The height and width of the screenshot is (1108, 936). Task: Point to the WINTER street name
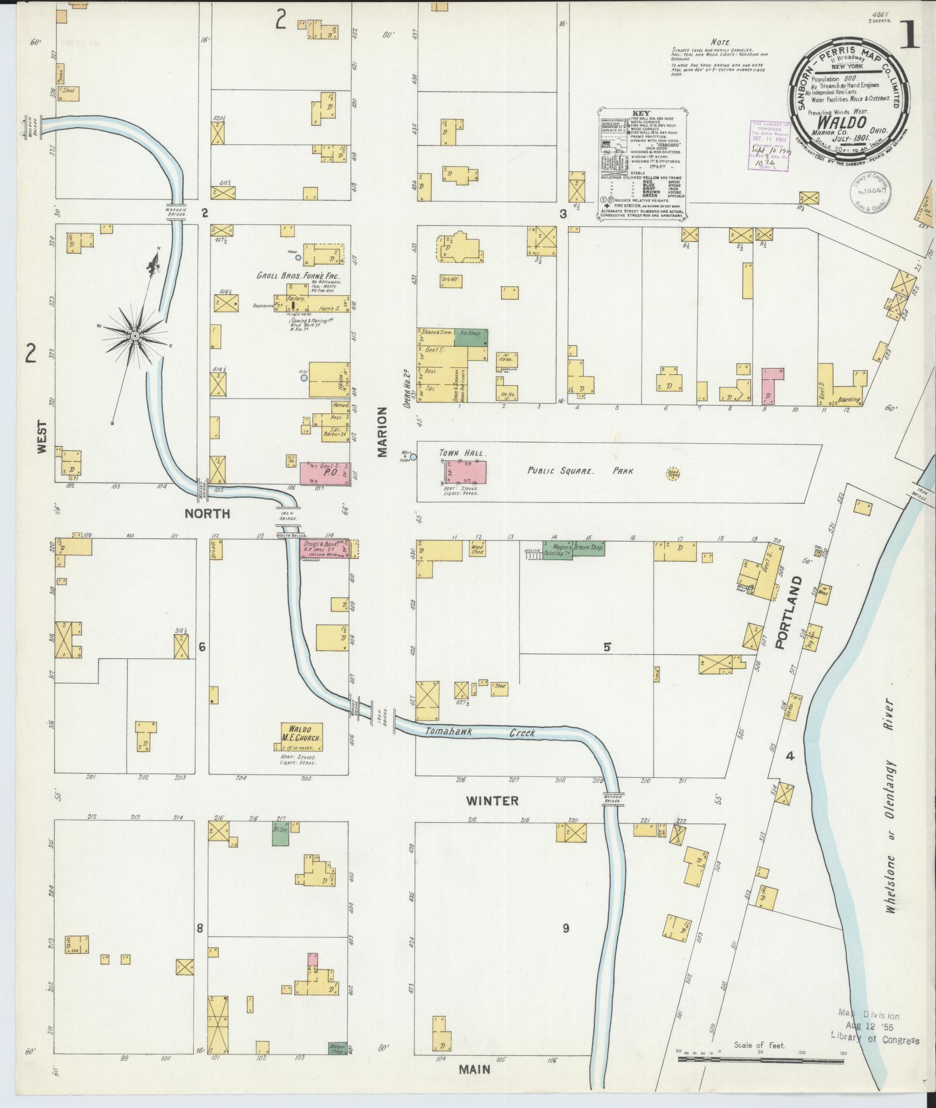coord(492,800)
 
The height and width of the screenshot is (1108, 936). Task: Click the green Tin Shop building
coord(471,337)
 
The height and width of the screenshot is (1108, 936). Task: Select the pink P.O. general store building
coord(325,473)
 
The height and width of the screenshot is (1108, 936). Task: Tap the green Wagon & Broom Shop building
coord(573,549)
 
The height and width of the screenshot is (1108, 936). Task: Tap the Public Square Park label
coord(581,470)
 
